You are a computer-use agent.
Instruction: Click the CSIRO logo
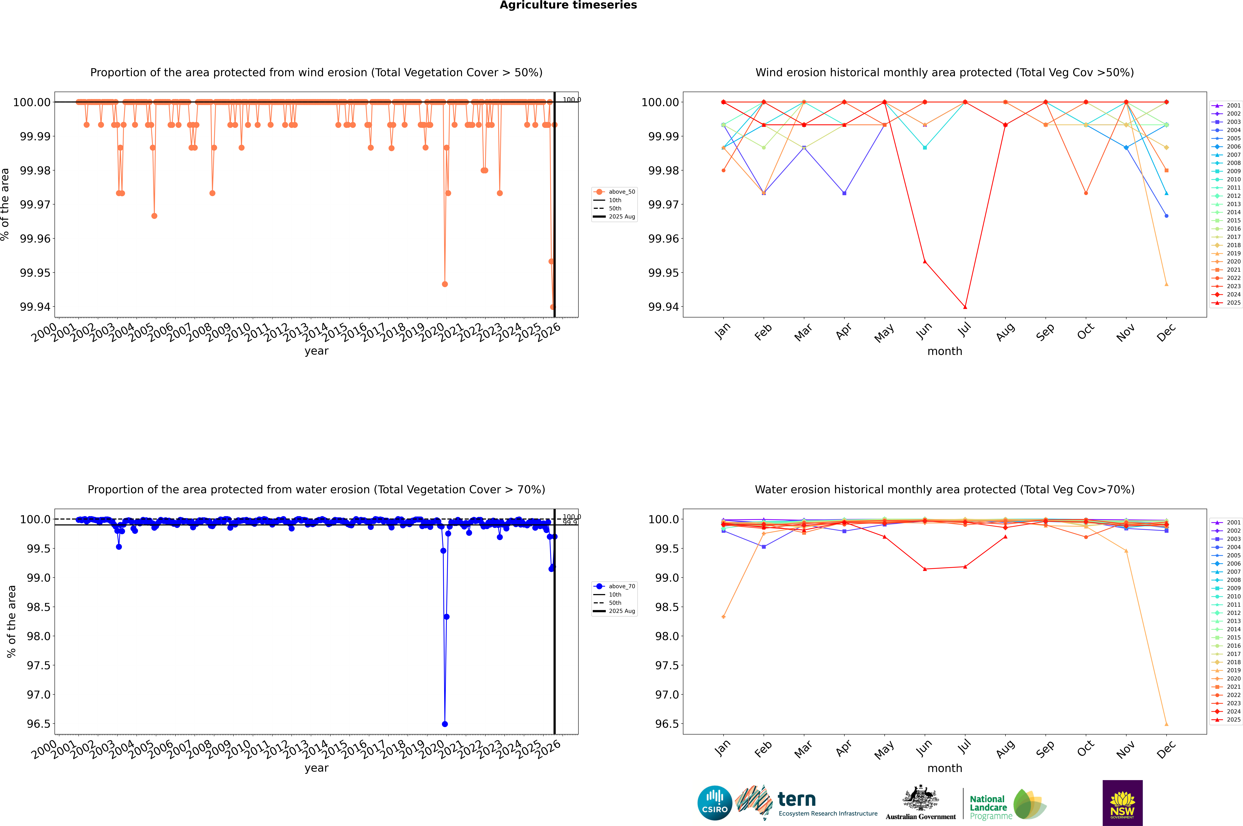(714, 803)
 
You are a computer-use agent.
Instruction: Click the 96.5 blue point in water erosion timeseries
(445, 724)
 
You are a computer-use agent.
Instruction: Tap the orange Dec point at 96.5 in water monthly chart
(1166, 724)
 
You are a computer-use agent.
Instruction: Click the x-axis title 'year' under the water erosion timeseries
(316, 768)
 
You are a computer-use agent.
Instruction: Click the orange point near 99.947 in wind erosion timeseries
(445, 284)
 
